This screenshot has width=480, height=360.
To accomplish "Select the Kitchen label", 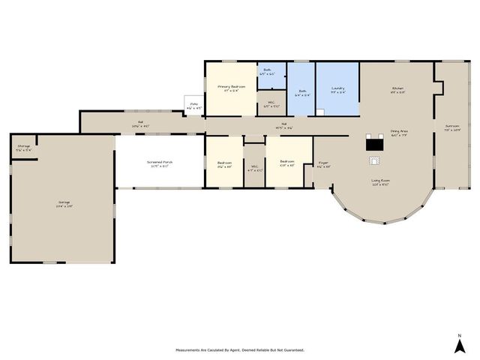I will tap(397, 89).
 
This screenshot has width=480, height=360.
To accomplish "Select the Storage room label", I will tap(23, 148).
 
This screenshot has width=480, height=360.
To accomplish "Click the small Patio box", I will tap(193, 105).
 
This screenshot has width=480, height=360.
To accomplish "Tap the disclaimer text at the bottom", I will tap(240, 350).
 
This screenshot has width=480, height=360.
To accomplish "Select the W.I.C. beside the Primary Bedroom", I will tap(271, 104).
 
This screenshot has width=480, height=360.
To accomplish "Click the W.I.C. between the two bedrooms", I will tap(254, 167).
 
